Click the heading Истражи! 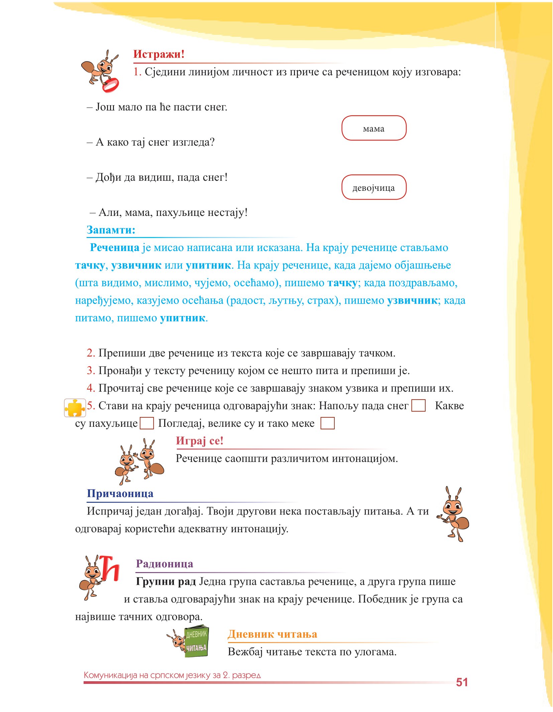click(x=158, y=54)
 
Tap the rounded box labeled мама click(x=373, y=128)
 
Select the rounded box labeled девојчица click(x=373, y=187)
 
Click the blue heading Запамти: click(x=111, y=230)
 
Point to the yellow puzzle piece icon click(x=75, y=408)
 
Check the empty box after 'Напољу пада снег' click(x=418, y=405)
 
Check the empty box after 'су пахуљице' click(x=146, y=423)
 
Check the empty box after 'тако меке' click(x=327, y=423)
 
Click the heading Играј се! click(x=199, y=441)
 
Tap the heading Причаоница click(x=120, y=493)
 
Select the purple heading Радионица click(x=164, y=564)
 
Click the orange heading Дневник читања click(x=272, y=634)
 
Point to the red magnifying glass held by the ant click(x=111, y=85)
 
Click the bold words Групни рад click(x=165, y=581)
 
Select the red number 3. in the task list click(x=91, y=371)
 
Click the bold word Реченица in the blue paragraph click(x=114, y=247)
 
